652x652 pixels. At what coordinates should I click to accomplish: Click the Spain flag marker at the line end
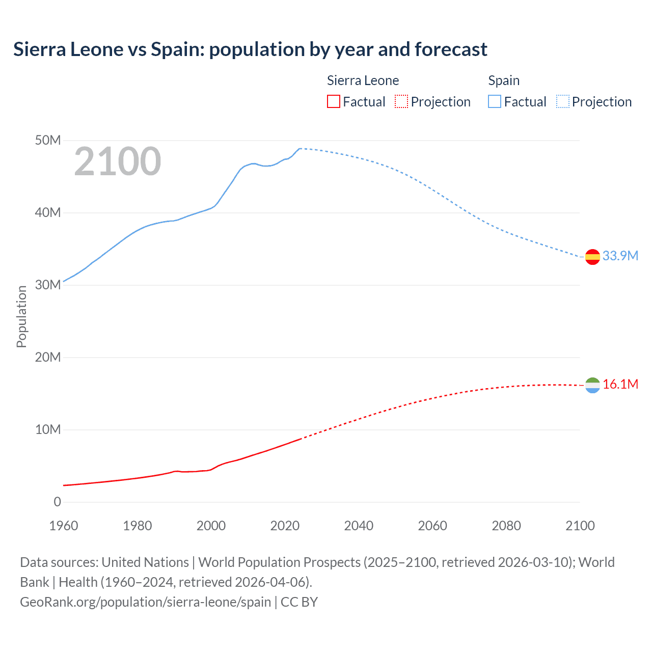592,257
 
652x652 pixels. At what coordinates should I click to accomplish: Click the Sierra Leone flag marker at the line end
592,386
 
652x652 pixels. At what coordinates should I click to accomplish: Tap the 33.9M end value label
620,256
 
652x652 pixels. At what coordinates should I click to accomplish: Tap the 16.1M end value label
620,384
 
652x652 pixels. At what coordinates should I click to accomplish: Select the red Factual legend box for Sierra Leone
333,102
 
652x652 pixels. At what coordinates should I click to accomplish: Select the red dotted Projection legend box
401,102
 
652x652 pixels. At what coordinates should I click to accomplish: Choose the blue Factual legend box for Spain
494,102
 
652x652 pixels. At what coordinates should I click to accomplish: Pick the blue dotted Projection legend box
563,102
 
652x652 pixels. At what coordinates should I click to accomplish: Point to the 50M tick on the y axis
48,140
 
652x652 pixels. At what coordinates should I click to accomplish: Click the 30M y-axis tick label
48,285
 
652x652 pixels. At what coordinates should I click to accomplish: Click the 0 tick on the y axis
57,502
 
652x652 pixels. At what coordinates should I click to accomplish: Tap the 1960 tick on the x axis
64,526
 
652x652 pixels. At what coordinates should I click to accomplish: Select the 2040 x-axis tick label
359,526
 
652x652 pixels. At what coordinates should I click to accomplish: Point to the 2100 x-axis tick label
580,526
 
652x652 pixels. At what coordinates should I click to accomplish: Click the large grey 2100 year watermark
118,161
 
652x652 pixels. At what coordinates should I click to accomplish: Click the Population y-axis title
21,316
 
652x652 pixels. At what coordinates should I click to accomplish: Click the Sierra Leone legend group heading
363,80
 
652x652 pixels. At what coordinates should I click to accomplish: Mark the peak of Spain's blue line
300,149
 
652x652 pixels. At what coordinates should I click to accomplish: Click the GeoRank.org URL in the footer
145,602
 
